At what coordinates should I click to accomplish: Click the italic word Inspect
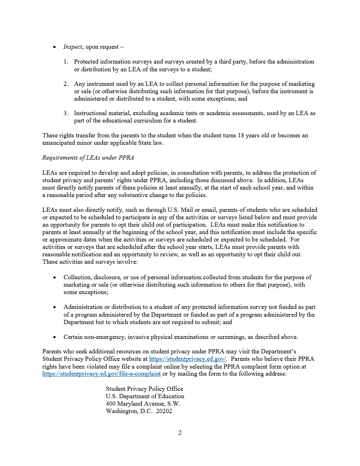coord(73,47)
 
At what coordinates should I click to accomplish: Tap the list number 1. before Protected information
coord(66,62)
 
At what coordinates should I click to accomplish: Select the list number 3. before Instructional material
coord(66,113)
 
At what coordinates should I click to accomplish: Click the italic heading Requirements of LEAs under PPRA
coord(88,158)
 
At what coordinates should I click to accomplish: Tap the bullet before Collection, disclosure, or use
coord(54,277)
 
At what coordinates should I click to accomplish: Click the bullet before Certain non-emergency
coord(54,337)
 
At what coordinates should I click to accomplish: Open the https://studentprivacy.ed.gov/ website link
coord(187,359)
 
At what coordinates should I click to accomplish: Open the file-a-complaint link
coord(101,374)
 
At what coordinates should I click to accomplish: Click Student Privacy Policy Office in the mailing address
coord(144,389)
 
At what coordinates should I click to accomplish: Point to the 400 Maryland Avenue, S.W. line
coord(143,404)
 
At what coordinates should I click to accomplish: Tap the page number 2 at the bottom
coord(180,433)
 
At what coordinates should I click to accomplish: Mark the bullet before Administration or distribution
coord(54,307)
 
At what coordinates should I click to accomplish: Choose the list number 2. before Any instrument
coord(66,84)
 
